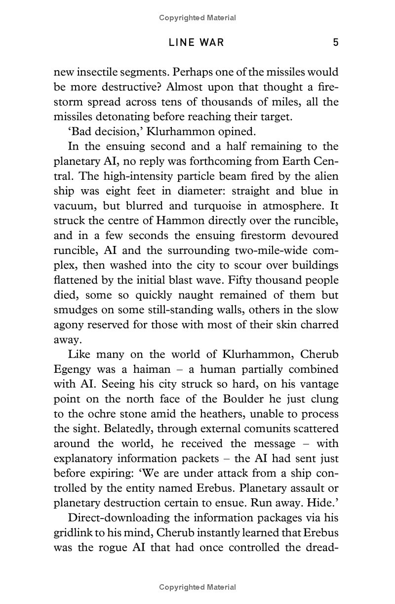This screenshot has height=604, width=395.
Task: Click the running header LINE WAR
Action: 197,43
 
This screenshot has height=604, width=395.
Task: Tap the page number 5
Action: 336,43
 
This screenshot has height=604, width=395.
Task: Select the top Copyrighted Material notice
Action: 197,18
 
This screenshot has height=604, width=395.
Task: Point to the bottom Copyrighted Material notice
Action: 197,587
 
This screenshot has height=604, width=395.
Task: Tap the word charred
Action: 315,325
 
